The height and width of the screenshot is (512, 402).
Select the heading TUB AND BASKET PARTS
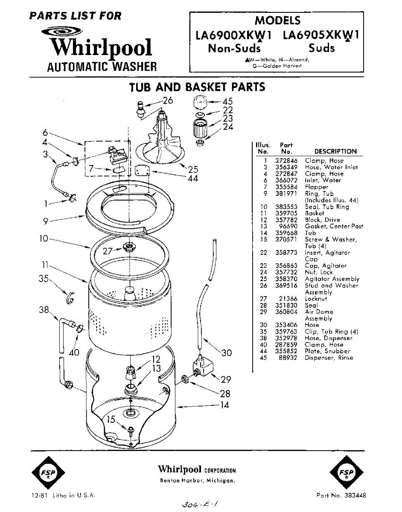click(197, 87)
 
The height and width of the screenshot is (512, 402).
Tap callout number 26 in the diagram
click(168, 101)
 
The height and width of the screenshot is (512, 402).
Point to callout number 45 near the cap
click(227, 102)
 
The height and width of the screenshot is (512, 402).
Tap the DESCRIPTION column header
click(335, 151)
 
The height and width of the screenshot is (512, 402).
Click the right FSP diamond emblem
click(347, 473)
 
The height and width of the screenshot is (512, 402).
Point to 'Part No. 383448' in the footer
click(341, 495)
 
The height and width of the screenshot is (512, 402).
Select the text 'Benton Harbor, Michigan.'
click(197, 480)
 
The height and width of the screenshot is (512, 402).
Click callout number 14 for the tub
click(224, 405)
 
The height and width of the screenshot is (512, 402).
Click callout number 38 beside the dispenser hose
click(44, 310)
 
